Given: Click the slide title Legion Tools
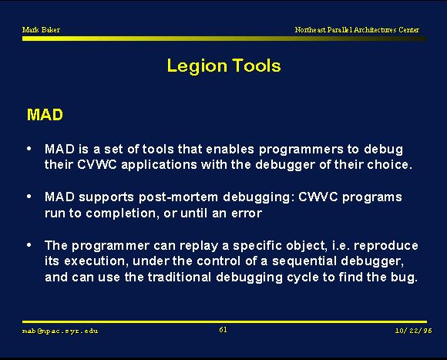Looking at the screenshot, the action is tap(223, 66).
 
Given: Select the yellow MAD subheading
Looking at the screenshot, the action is tap(45, 115).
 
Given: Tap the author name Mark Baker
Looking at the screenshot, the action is tap(41, 29).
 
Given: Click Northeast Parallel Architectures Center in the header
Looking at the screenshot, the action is tap(357, 29).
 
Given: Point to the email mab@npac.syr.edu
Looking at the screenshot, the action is tap(60, 331).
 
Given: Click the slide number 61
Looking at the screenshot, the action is tap(223, 330).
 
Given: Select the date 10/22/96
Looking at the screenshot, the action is tap(413, 331).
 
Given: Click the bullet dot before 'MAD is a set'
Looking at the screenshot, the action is tap(29, 148).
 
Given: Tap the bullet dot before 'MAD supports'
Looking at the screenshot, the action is tap(29, 197).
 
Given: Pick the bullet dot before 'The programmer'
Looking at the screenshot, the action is tap(29, 245).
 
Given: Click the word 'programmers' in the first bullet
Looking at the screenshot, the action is tap(301, 150).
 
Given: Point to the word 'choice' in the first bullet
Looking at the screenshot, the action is tap(388, 164).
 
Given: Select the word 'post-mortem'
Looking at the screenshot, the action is tap(179, 197).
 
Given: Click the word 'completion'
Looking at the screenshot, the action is tap(122, 214).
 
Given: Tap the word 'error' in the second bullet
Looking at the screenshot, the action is tap(247, 214).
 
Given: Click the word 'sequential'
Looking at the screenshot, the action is tap(304, 261).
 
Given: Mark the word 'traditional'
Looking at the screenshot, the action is tap(180, 277).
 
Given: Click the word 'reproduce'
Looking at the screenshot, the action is tap(386, 246).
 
